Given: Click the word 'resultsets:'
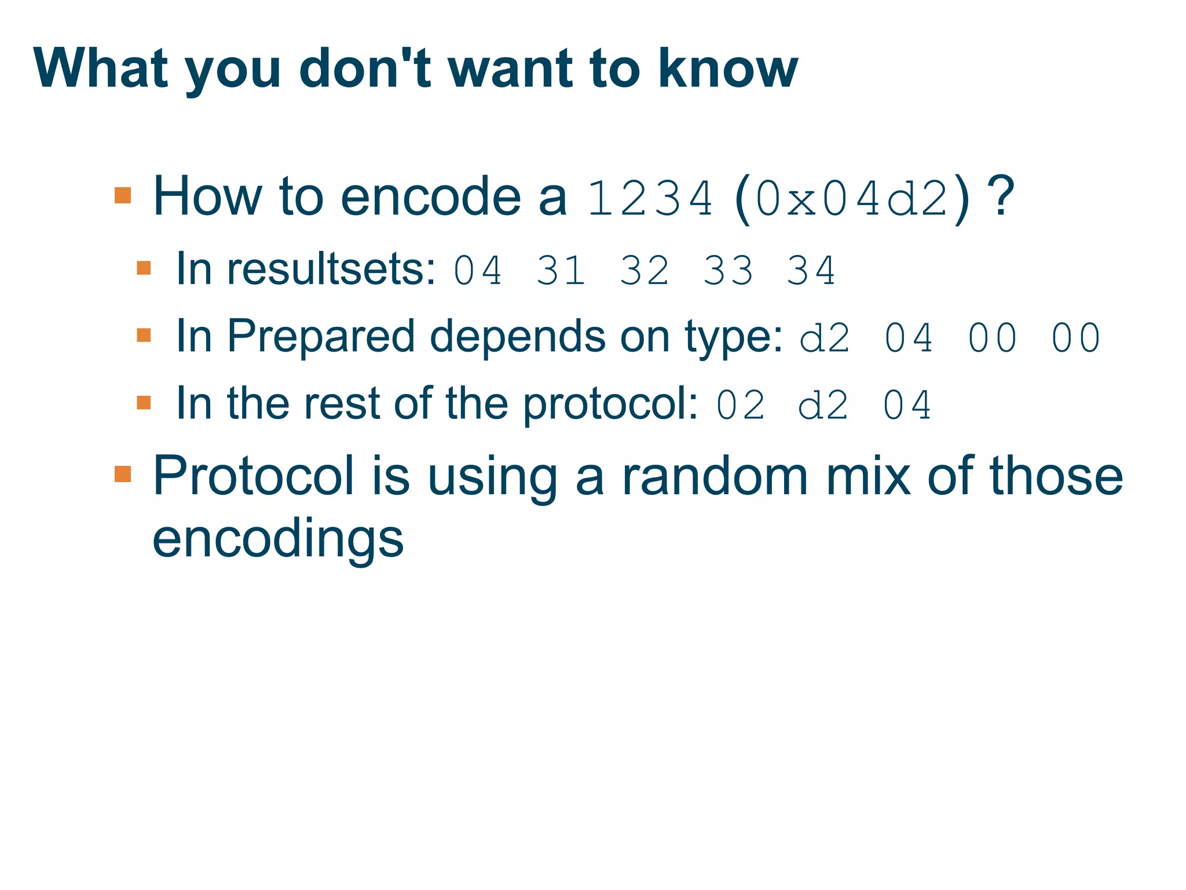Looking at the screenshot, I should (332, 269).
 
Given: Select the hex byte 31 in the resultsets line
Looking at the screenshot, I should (561, 271).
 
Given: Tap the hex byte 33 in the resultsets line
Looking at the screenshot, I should (728, 271).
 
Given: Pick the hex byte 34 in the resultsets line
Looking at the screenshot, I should (811, 271).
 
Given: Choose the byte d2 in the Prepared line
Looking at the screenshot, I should (825, 338).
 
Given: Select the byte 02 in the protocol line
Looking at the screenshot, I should (741, 405).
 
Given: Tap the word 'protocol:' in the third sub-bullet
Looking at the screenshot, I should (611, 404).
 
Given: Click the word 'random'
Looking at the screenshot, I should (715, 476).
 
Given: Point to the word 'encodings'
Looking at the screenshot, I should (278, 539).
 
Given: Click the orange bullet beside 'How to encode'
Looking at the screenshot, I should (123, 195).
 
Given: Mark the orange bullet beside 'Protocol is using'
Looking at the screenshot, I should (123, 474).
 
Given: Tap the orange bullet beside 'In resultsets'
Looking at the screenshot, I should (144, 268).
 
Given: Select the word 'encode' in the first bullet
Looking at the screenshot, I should (431, 197).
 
